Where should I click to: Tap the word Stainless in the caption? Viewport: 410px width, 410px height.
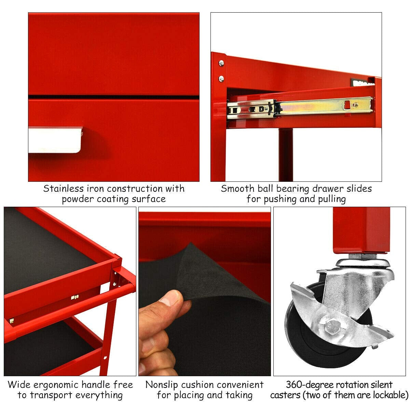[x=63, y=189]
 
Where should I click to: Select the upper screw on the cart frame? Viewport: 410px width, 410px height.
[x=221, y=63]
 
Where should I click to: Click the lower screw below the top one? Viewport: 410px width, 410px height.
[x=221, y=79]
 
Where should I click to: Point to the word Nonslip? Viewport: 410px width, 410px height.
[x=162, y=385]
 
